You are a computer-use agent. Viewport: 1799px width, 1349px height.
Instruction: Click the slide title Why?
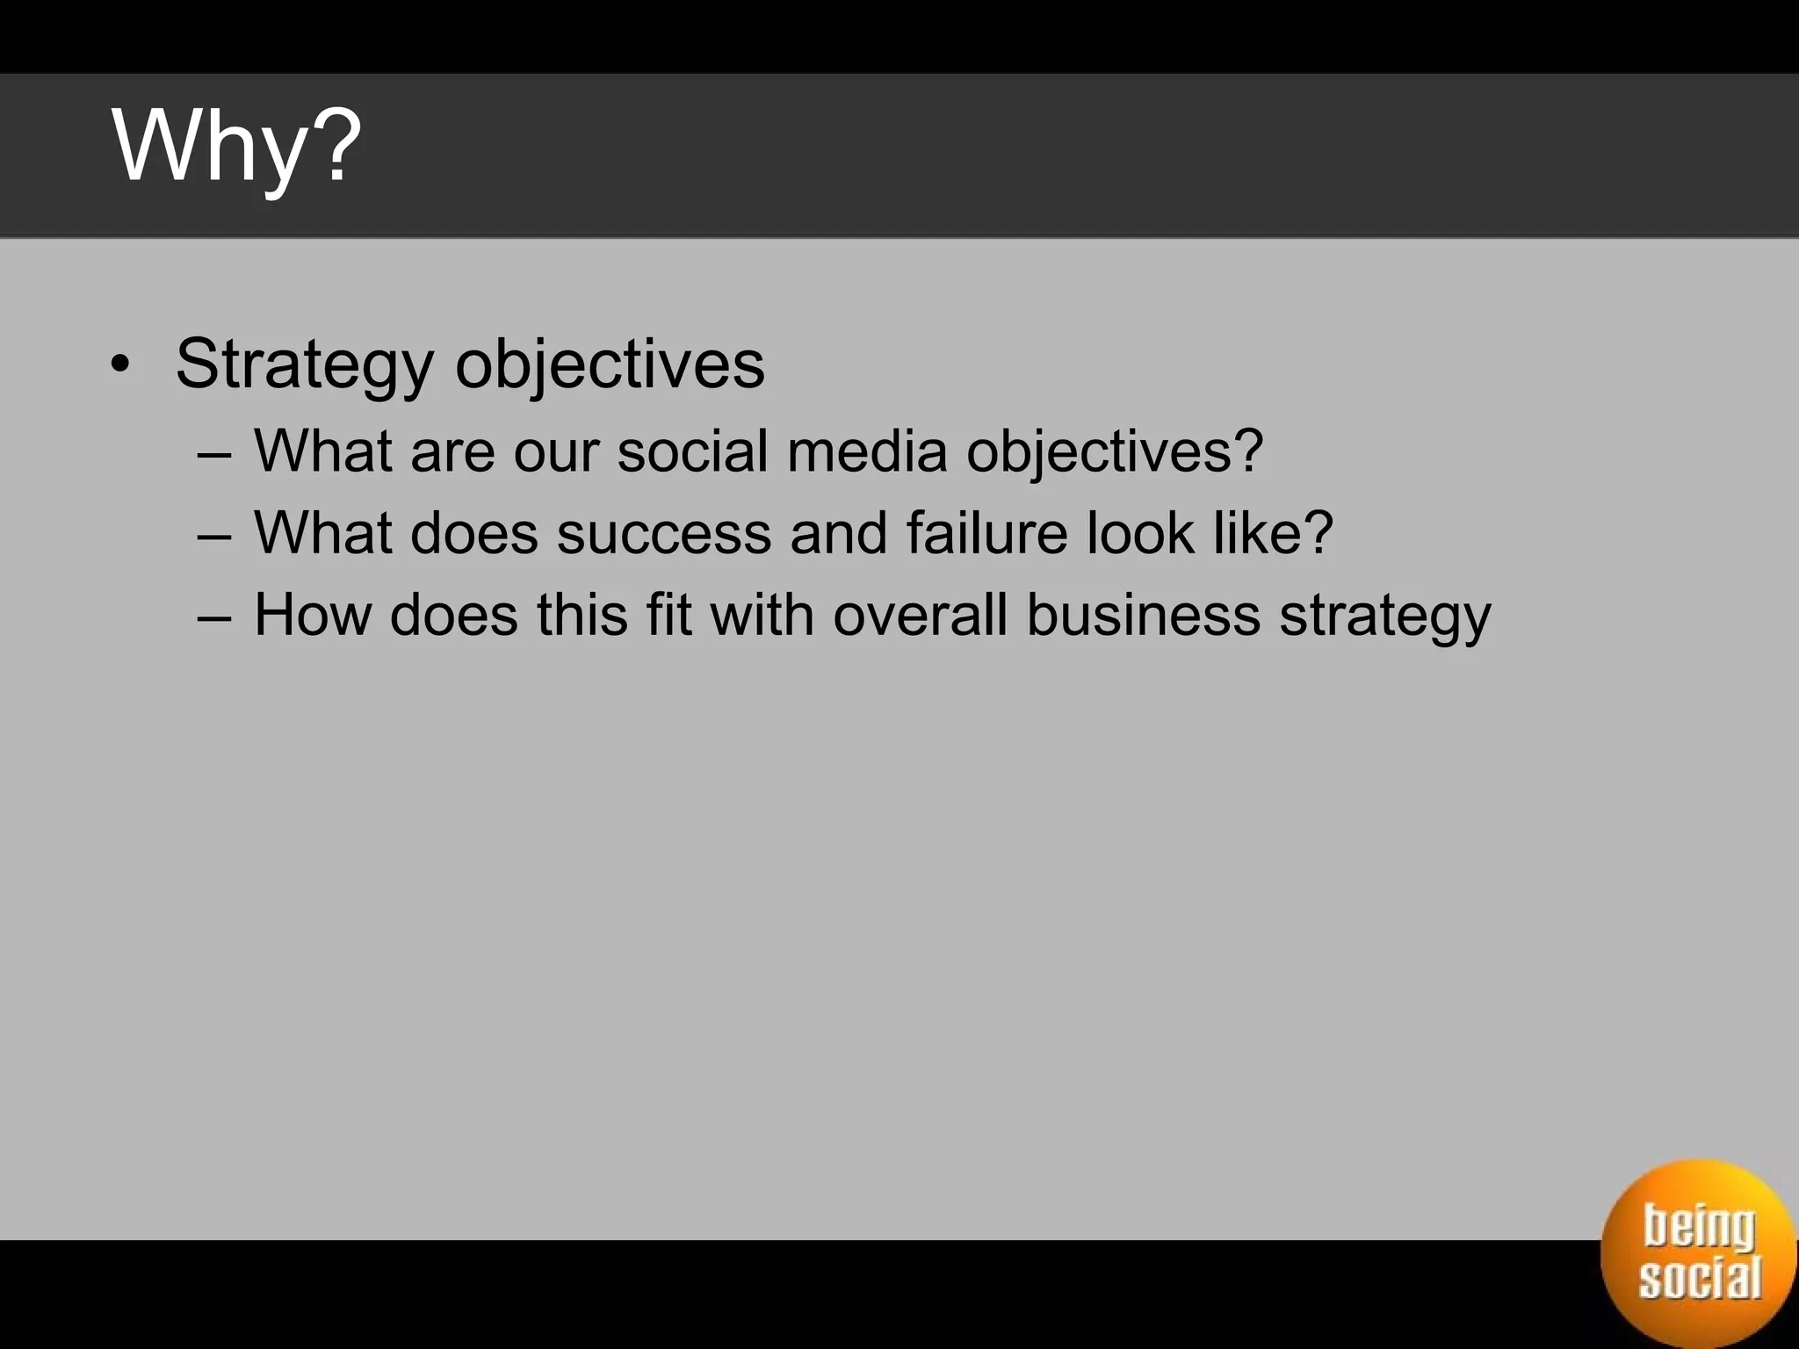tap(236, 148)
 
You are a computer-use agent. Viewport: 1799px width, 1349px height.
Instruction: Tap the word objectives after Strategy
tap(610, 364)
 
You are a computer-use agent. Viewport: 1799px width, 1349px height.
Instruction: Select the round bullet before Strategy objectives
tap(120, 364)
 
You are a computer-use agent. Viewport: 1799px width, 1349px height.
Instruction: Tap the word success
tap(663, 534)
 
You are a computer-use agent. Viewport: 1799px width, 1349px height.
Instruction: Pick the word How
tap(312, 615)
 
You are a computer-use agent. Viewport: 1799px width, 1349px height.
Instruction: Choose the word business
tap(1143, 614)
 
